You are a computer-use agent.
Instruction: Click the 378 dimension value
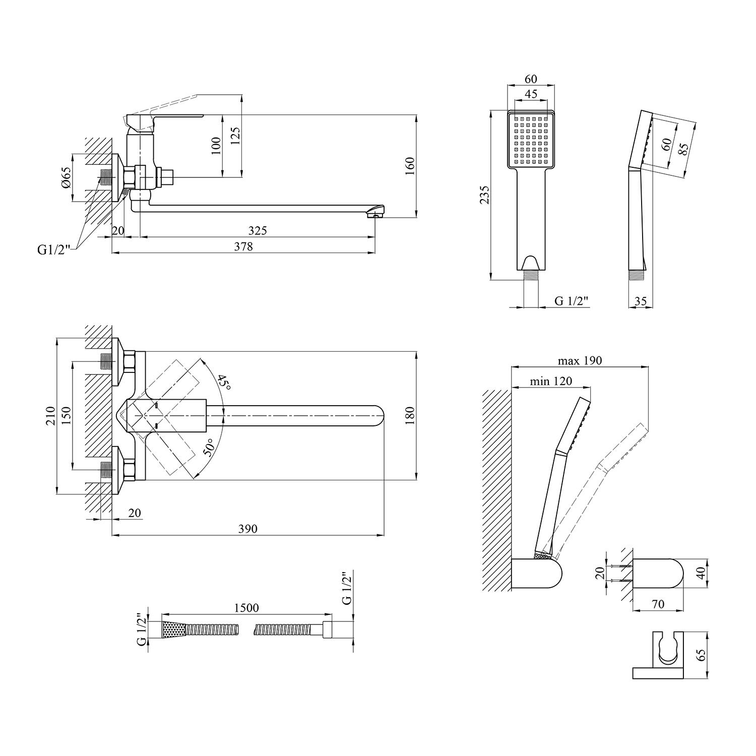(x=243, y=246)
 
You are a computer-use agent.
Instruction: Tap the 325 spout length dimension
(x=258, y=230)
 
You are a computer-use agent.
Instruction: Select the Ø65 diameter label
(x=67, y=177)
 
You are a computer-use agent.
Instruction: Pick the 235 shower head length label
(x=484, y=195)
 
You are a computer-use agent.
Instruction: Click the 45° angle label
(x=224, y=383)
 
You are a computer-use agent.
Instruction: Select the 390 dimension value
(x=247, y=529)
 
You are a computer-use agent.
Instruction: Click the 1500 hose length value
(x=246, y=608)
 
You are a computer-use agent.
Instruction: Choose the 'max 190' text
(x=580, y=361)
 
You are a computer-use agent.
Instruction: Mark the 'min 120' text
(x=551, y=381)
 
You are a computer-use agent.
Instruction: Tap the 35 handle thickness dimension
(x=640, y=301)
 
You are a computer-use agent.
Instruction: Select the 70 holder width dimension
(x=658, y=604)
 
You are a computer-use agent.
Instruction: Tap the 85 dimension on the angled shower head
(x=684, y=150)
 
